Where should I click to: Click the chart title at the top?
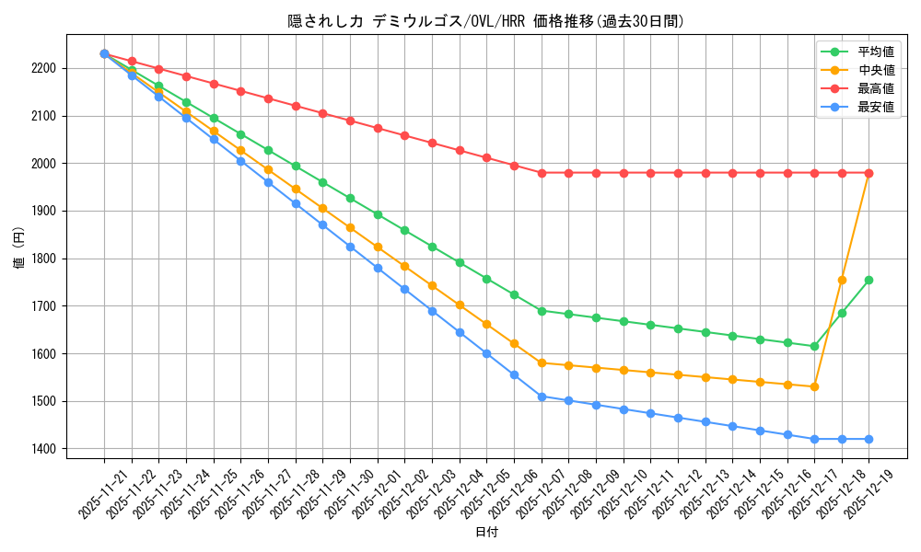pos(486,21)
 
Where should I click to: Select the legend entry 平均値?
pos(875,52)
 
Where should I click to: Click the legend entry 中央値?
pos(875,70)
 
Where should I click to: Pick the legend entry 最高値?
pos(875,88)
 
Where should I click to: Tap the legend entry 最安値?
pos(875,107)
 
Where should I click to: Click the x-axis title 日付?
pos(486,533)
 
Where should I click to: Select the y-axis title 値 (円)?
pos(19,248)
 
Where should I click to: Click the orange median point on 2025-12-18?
pos(842,280)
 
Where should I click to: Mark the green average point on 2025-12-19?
pos(869,280)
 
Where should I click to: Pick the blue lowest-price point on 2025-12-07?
pos(542,397)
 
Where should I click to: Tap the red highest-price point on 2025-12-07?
pos(542,173)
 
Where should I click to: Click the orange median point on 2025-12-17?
pos(814,386)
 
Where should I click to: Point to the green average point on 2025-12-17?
pos(814,346)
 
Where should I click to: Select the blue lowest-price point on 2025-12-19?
pos(869,439)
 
